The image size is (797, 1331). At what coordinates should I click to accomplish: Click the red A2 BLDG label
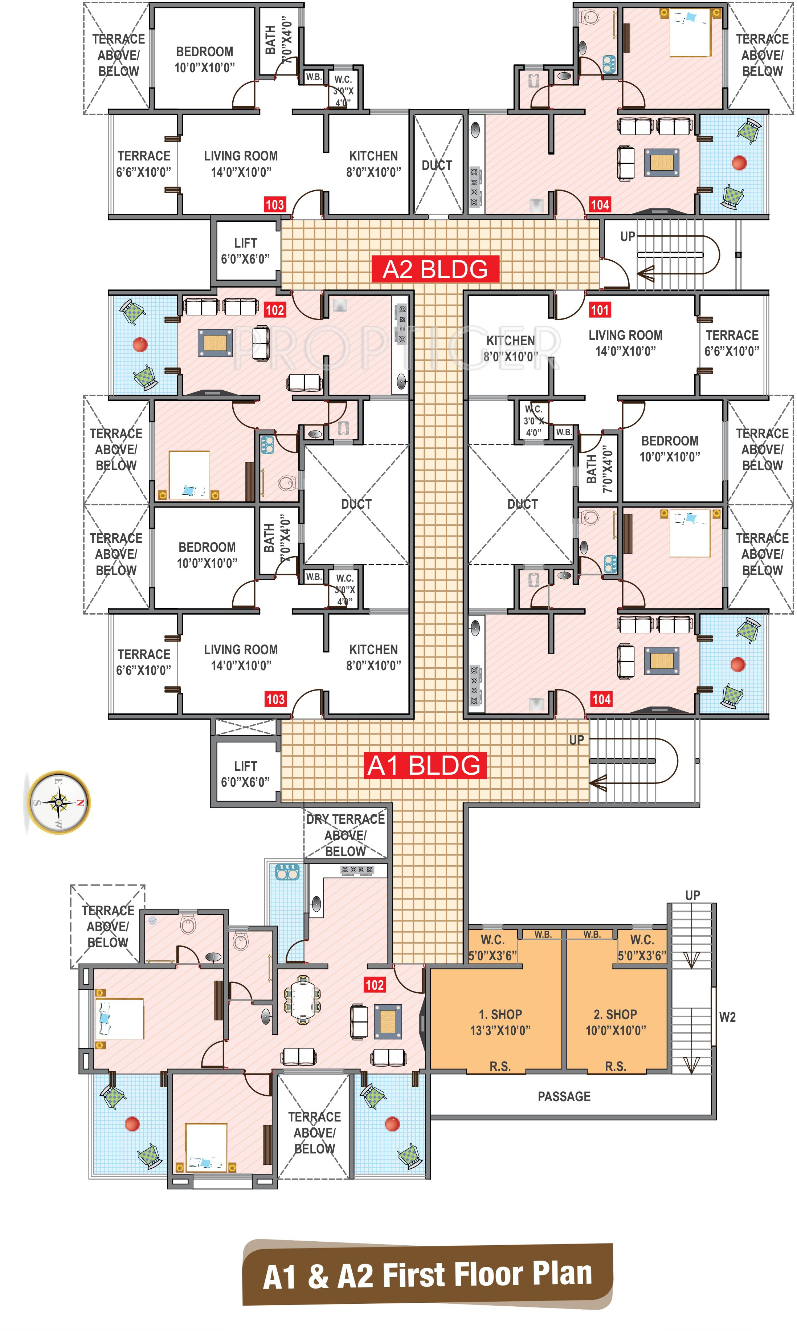click(x=435, y=269)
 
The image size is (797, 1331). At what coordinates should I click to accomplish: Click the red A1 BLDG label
click(x=424, y=765)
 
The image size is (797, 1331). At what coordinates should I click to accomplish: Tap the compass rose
click(x=58, y=802)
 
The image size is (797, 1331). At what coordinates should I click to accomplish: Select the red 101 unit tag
click(x=599, y=310)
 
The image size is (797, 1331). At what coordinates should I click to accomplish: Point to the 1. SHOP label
click(x=500, y=1022)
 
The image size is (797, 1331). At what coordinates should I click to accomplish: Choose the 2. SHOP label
click(x=616, y=1022)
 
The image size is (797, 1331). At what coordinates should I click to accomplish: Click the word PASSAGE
click(x=564, y=1096)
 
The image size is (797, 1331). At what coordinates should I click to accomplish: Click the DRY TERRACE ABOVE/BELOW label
click(x=346, y=835)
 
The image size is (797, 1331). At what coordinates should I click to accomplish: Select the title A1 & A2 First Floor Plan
click(x=428, y=1275)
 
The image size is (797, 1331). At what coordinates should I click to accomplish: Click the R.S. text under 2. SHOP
click(x=616, y=1066)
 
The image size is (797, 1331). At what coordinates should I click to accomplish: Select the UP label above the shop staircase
click(x=692, y=895)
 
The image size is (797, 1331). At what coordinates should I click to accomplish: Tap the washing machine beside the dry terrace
click(x=287, y=872)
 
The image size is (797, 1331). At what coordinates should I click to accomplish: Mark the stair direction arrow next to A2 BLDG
click(x=646, y=274)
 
